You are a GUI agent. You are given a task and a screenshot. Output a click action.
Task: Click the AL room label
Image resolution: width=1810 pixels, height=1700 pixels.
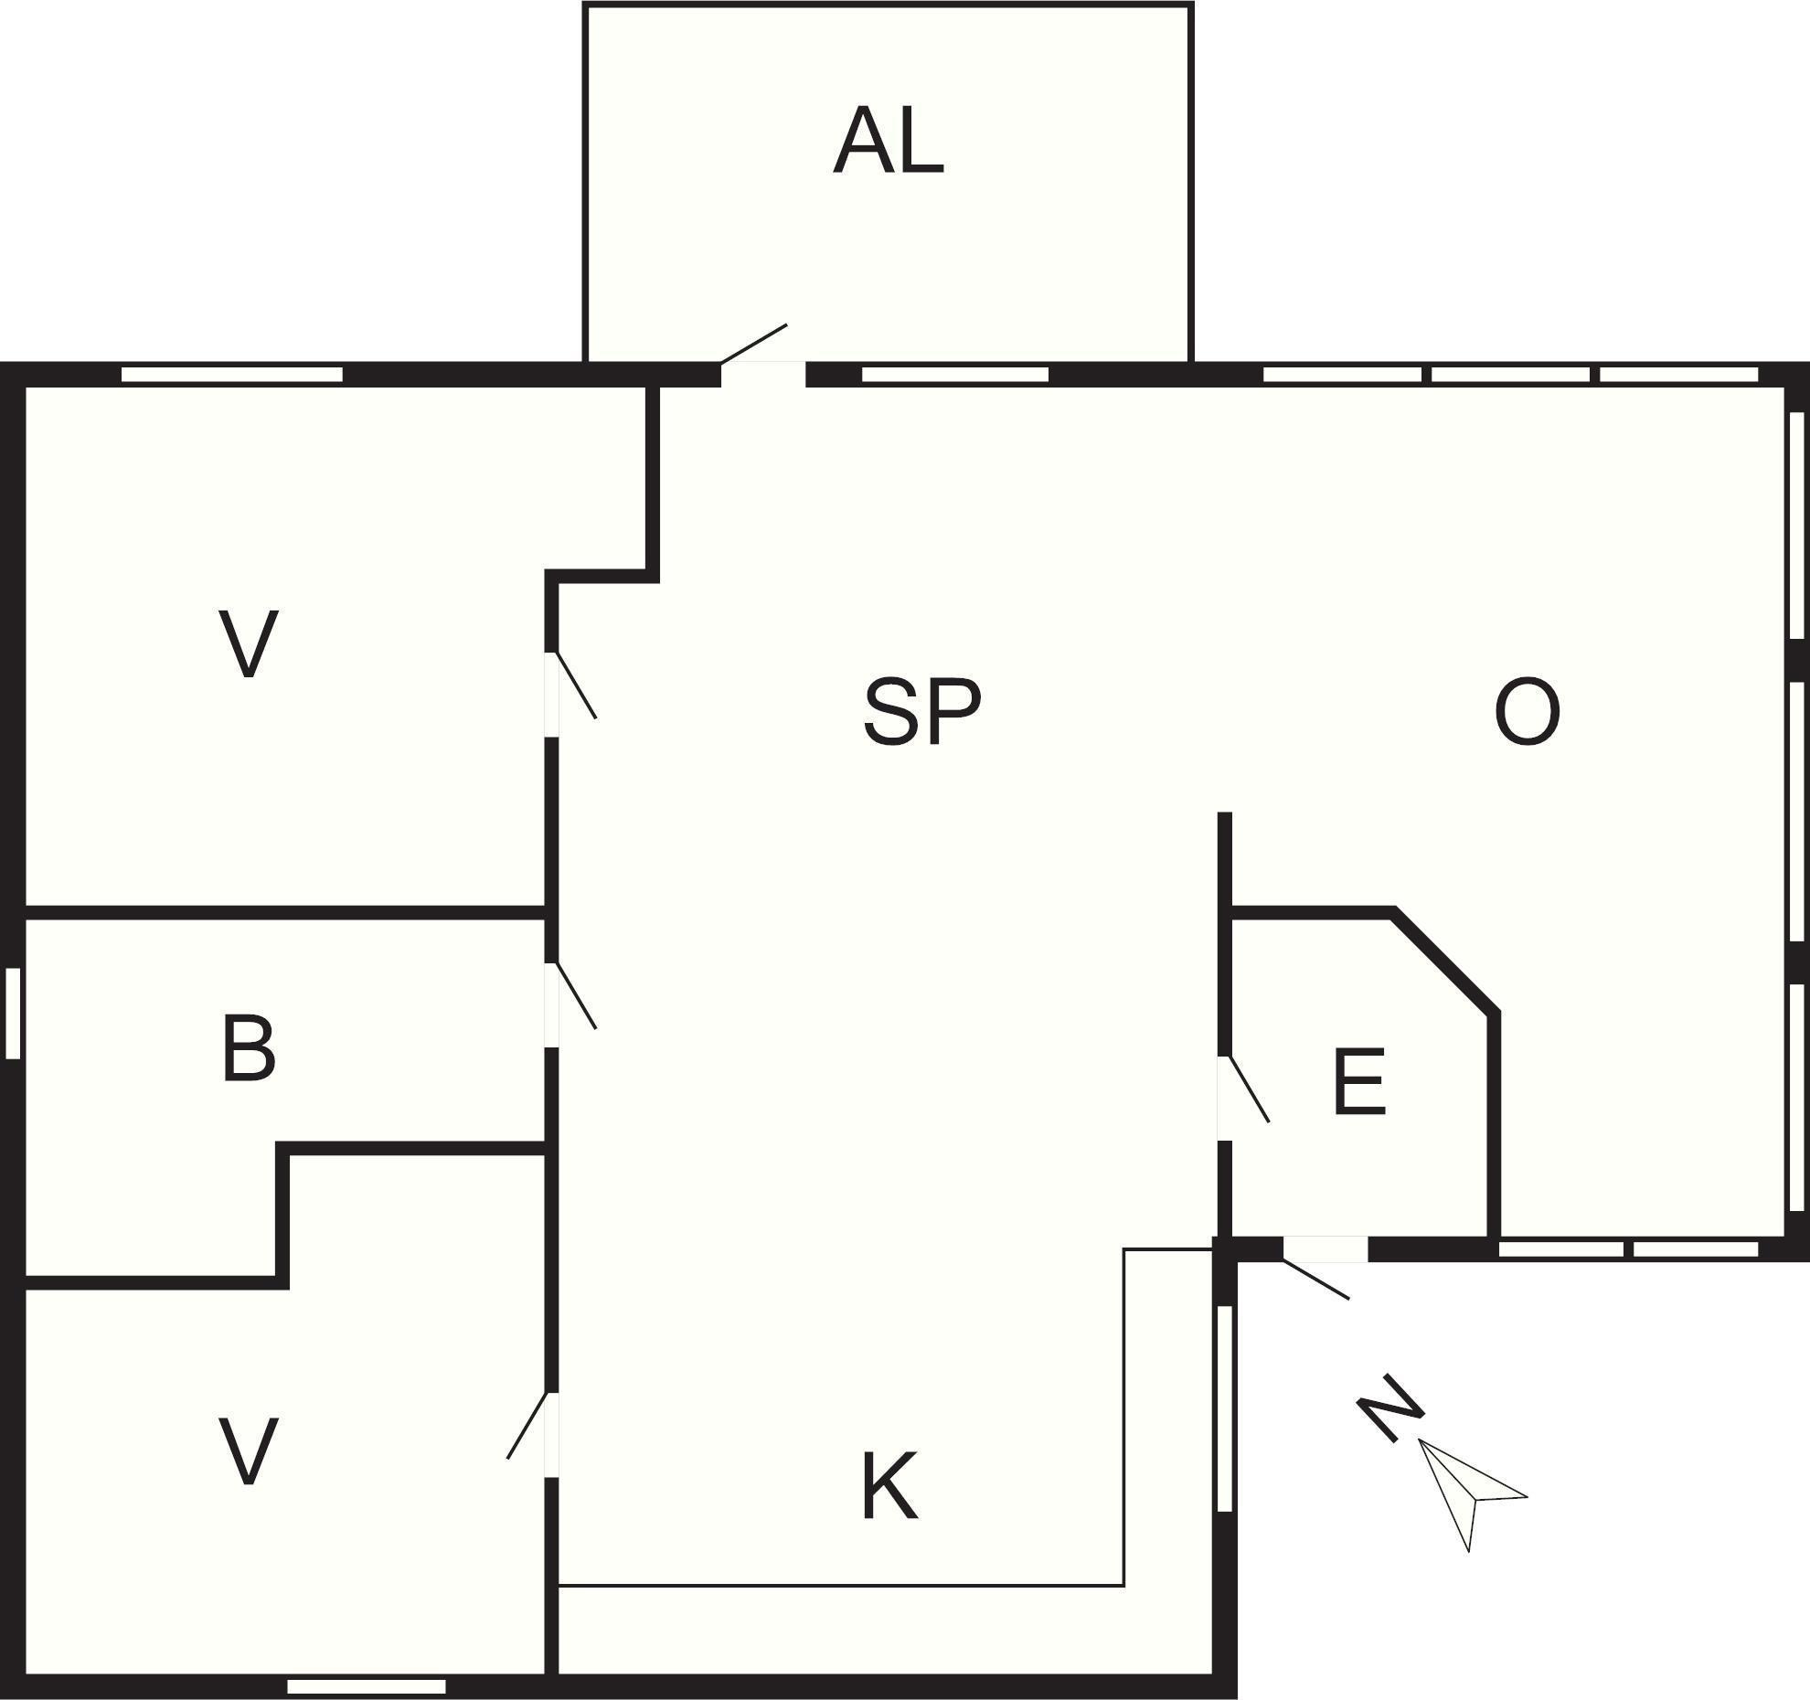coord(889,141)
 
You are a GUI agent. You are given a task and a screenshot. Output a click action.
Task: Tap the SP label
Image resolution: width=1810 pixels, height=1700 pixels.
coord(922,712)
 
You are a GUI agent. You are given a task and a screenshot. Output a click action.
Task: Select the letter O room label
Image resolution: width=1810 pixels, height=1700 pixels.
coord(1527,712)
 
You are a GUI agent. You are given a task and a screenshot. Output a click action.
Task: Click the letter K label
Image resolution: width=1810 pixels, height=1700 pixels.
coord(889,1486)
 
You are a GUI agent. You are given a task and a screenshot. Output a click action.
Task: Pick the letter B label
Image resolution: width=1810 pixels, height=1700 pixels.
coord(249,1048)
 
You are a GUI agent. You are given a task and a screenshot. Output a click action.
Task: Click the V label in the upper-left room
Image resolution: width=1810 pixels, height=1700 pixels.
coord(249,644)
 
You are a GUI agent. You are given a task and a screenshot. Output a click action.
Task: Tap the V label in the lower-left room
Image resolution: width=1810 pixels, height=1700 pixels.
coord(249,1450)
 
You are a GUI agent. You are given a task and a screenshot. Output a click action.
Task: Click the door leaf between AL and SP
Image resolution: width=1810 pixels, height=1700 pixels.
coord(754,344)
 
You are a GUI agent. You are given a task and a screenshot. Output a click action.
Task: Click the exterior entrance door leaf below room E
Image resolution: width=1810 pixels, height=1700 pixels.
coord(1315,1279)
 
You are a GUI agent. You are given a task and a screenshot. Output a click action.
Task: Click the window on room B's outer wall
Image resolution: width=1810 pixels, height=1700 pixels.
coord(13,1013)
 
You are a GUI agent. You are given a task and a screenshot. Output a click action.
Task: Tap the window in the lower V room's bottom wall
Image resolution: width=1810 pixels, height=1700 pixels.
coord(367,1686)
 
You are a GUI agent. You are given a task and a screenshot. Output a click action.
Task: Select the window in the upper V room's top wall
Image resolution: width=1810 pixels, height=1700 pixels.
coord(232,374)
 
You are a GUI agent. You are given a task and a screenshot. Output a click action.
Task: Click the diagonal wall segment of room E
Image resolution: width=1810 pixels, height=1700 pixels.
coord(1445,962)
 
